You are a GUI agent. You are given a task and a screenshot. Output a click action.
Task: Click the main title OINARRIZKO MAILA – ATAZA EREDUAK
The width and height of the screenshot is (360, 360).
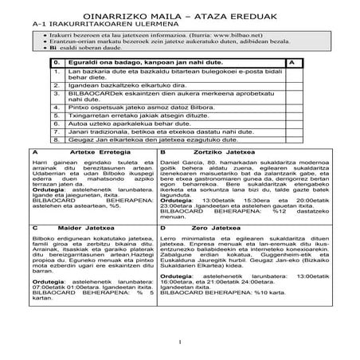179,16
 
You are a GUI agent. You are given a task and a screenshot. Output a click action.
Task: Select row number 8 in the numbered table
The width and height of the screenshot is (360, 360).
57,140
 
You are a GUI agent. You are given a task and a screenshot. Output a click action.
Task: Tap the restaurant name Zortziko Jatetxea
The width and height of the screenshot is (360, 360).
231,151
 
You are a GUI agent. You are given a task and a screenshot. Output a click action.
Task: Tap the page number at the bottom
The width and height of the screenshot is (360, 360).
180,342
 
